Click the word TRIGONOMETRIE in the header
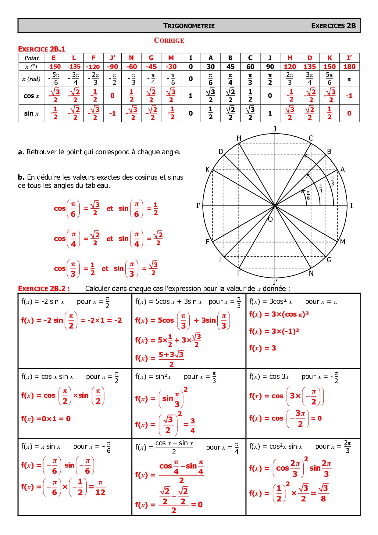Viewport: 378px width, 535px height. click(x=189, y=26)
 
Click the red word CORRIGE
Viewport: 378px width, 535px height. click(x=169, y=40)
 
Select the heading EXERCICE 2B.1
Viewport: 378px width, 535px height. click(x=41, y=49)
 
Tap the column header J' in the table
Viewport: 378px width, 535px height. click(x=112, y=58)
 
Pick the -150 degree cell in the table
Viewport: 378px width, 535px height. click(x=54, y=66)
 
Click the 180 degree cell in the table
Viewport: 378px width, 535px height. click(x=349, y=66)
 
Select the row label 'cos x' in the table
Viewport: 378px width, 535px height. click(x=31, y=96)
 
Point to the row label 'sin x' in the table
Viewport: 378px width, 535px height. click(x=31, y=113)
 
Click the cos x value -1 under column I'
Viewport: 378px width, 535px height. click(x=349, y=96)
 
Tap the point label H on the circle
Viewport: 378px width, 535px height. click(x=239, y=138)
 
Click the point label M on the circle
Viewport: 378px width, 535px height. click(x=343, y=242)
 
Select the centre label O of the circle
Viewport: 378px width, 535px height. click(x=270, y=219)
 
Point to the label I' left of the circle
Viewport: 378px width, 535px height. click(x=198, y=206)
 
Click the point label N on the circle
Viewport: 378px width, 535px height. click(x=311, y=273)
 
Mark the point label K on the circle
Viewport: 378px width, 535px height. click(x=208, y=170)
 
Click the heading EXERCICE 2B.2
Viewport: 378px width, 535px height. click(x=44, y=289)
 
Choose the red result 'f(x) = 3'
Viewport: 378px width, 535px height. click(x=262, y=348)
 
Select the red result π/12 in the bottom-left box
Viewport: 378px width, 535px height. click(x=100, y=487)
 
